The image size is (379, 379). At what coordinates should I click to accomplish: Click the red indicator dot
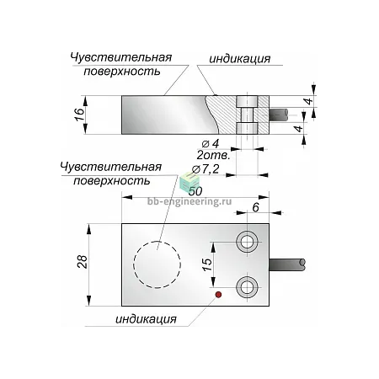pyautogui.click(x=218, y=295)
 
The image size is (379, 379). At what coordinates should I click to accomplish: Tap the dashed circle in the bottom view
pyautogui.click(x=134, y=264)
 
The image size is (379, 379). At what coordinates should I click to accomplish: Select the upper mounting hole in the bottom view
pyautogui.click(x=247, y=242)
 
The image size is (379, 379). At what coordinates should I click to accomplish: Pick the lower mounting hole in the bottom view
pyautogui.click(x=247, y=287)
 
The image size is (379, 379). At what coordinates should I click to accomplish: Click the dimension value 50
pyautogui.click(x=195, y=191)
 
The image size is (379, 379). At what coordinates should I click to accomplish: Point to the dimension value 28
pyautogui.click(x=83, y=262)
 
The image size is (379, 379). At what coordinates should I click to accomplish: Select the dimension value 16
pyautogui.click(x=80, y=115)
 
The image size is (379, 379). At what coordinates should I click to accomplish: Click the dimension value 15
pyautogui.click(x=207, y=264)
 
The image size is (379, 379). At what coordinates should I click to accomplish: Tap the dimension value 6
pyautogui.click(x=256, y=207)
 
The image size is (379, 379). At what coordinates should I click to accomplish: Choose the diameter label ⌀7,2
pyautogui.click(x=206, y=169)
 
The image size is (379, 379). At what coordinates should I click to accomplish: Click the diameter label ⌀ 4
pyautogui.click(x=211, y=144)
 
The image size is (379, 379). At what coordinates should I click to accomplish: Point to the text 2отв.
pyautogui.click(x=213, y=155)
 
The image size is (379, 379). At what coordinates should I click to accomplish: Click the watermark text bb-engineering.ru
pyautogui.click(x=189, y=201)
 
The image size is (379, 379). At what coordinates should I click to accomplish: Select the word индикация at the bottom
pyautogui.click(x=147, y=319)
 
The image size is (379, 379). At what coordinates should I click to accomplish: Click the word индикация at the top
pyautogui.click(x=240, y=59)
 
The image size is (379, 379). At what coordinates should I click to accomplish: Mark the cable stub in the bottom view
pyautogui.click(x=287, y=264)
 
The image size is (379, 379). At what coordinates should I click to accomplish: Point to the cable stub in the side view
pyautogui.click(x=279, y=115)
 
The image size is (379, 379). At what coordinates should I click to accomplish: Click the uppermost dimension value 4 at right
pyautogui.click(x=309, y=101)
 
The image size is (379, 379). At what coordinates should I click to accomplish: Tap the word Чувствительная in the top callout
pyautogui.click(x=120, y=57)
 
